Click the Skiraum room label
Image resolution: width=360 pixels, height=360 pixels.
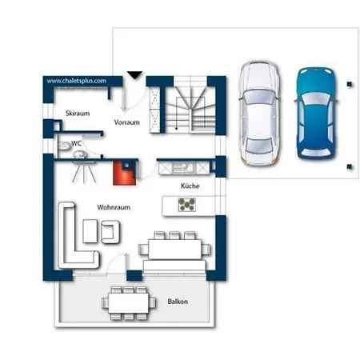[78, 114]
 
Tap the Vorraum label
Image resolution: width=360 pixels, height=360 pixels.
[127, 122]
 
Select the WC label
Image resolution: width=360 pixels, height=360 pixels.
[76, 143]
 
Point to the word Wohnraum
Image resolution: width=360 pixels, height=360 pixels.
[114, 207]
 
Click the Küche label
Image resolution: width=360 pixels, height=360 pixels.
[190, 186]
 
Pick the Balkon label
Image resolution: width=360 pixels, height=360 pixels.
[178, 302]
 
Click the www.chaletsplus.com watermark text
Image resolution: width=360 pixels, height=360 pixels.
[76, 81]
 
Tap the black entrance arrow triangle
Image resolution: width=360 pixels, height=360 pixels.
[135, 75]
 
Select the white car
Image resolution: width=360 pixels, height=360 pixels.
[259, 114]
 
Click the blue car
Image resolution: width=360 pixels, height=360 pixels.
[316, 114]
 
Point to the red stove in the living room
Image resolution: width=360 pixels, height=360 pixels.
[125, 173]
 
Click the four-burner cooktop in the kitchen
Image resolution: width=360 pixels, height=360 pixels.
[187, 205]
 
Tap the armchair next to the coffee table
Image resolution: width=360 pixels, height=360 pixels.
[110, 232]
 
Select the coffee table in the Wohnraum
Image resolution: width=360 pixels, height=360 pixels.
[90, 231]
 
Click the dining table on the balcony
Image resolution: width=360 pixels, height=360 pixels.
[129, 303]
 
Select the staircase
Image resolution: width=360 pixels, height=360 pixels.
[190, 106]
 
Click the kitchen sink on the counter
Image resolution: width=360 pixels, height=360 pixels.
[184, 168]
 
